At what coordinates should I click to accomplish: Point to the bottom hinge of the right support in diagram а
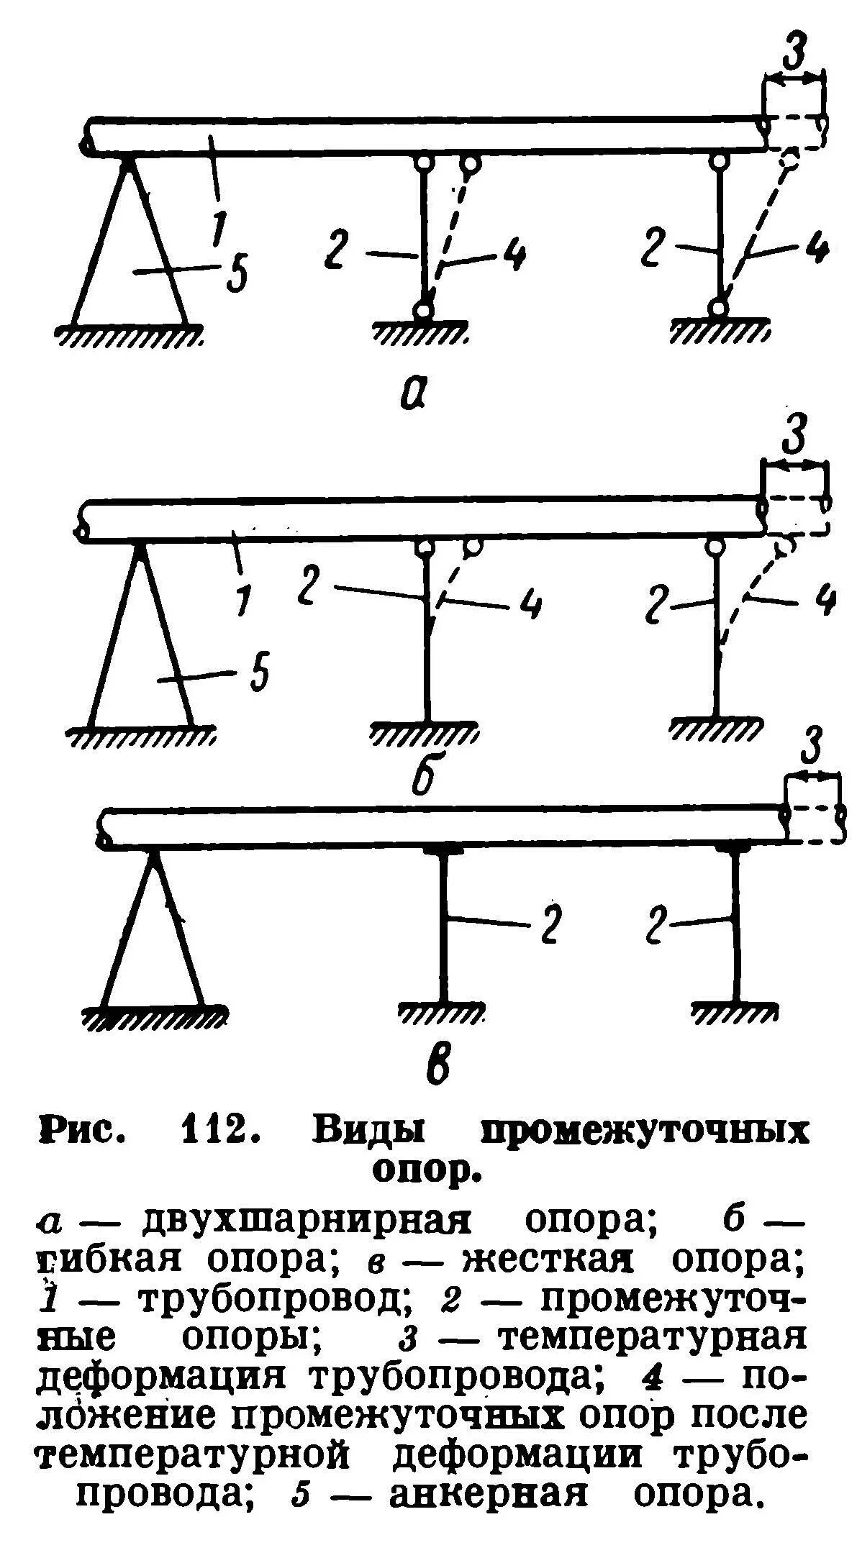coord(716,308)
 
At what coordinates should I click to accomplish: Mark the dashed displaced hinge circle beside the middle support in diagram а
coord(471,164)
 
